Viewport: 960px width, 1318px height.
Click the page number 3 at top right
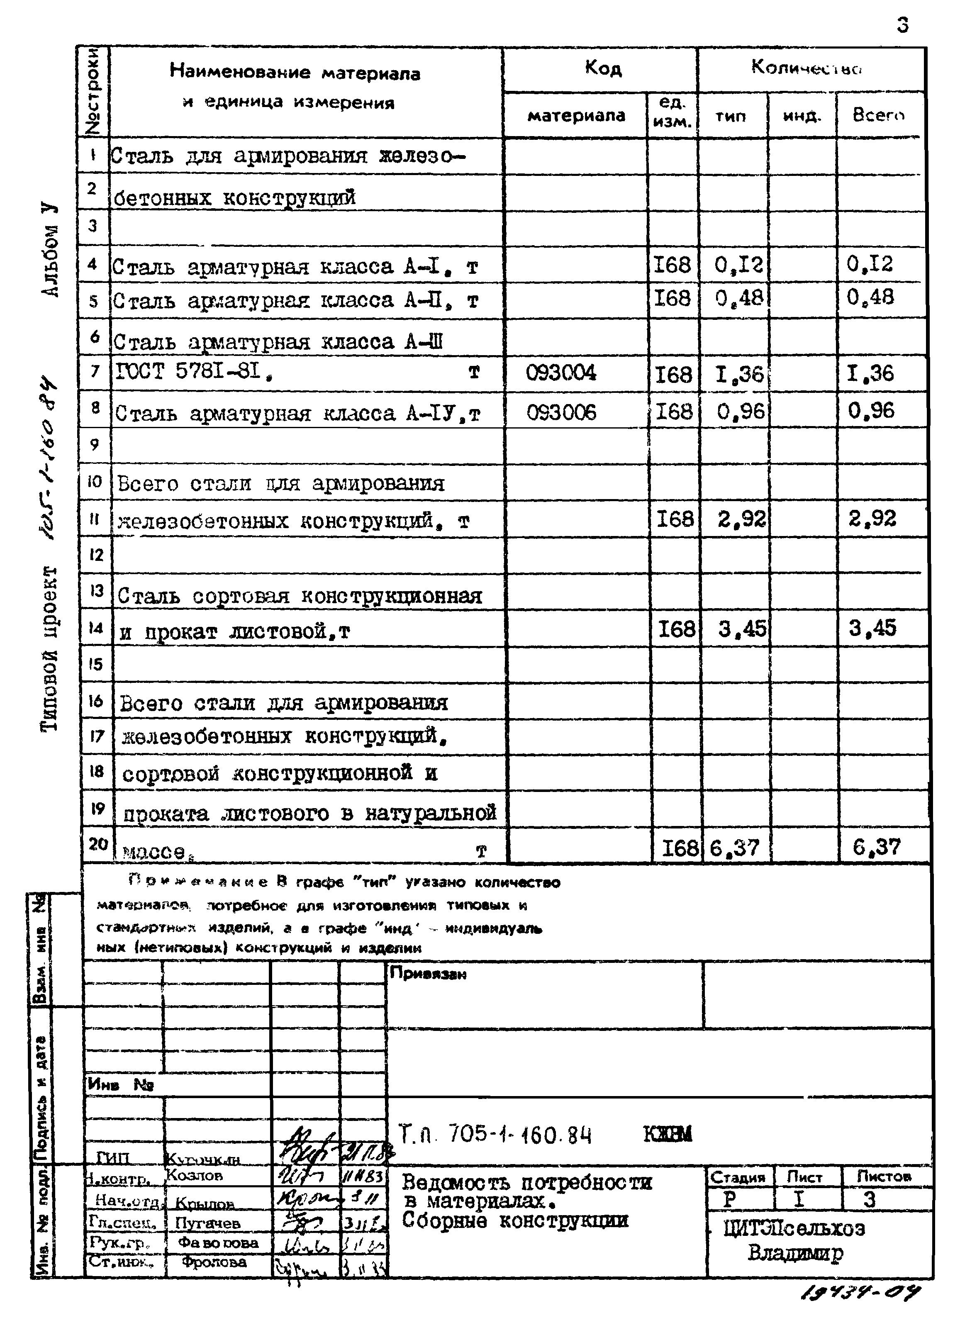coord(902,25)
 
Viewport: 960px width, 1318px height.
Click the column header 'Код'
coord(603,68)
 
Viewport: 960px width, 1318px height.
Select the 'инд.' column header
coord(802,116)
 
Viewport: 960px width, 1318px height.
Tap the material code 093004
coord(561,373)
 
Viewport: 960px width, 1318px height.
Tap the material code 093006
coord(561,413)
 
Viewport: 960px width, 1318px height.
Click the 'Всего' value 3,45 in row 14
coord(872,628)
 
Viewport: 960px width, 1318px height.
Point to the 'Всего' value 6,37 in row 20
coord(876,847)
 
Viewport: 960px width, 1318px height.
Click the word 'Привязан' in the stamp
coord(428,973)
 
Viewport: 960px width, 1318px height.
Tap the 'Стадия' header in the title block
coord(738,1177)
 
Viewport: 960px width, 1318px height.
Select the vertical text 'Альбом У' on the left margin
coord(51,250)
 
